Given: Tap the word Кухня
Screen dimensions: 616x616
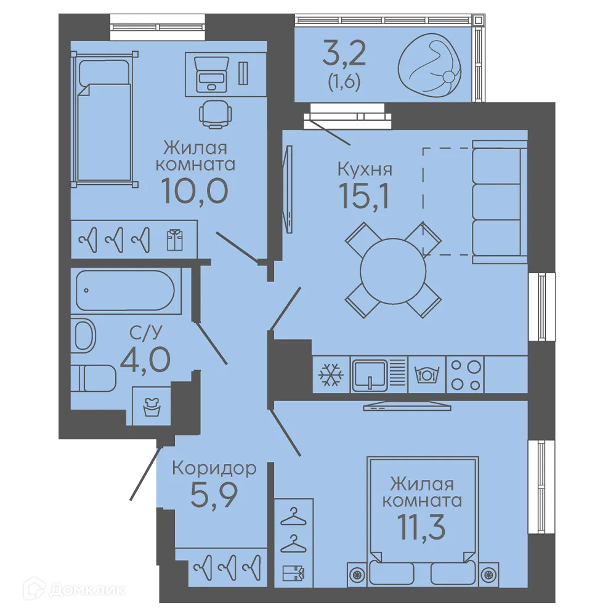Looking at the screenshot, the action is [x=365, y=169].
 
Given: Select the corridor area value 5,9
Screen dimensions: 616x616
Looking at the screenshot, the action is [x=214, y=495].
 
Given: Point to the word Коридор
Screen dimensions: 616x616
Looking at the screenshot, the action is [x=214, y=468].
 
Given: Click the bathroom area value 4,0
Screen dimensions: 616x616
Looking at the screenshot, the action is [x=145, y=360].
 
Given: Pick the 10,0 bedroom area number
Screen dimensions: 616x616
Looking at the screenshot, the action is [x=195, y=191].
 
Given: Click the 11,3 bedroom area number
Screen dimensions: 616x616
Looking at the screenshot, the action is [x=421, y=528].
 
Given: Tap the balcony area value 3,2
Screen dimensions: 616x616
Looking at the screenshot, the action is [x=344, y=54].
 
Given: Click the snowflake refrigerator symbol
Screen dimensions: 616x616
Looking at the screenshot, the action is [x=331, y=375].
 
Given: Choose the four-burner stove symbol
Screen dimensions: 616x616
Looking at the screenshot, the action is [x=466, y=375].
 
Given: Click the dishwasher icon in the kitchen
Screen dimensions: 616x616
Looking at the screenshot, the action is [x=427, y=375].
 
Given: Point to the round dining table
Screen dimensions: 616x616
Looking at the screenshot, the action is [x=393, y=271].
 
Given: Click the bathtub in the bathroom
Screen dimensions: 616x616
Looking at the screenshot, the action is [x=125, y=290].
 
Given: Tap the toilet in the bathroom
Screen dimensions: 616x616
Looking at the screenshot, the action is [x=94, y=378].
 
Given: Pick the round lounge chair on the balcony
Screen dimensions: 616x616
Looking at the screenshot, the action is [x=429, y=65].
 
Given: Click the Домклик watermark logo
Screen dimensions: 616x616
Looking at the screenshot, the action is [x=74, y=590].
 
